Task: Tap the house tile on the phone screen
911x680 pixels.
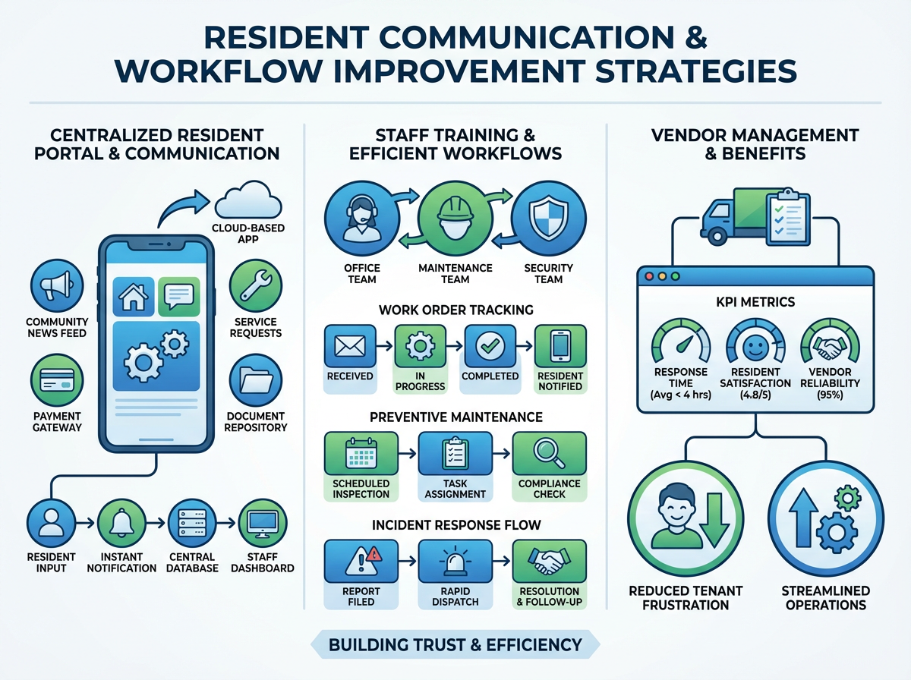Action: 133,296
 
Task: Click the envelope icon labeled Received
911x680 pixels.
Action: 350,345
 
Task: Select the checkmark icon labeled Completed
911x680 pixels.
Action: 490,345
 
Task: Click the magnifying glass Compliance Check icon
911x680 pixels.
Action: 548,454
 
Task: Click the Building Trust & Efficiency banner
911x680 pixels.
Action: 455,646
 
